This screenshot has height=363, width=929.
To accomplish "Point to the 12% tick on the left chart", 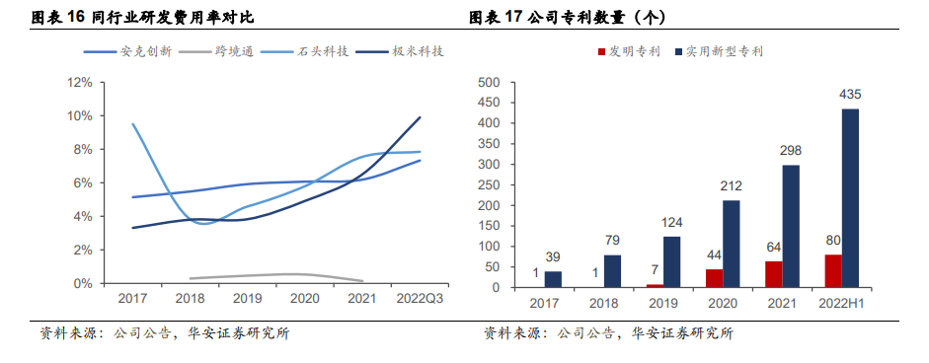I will point(79,83).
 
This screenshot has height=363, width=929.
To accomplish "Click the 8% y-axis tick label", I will point(82,150).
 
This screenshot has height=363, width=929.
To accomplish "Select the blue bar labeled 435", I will point(849,197).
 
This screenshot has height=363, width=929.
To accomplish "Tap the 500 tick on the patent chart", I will point(487,83).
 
